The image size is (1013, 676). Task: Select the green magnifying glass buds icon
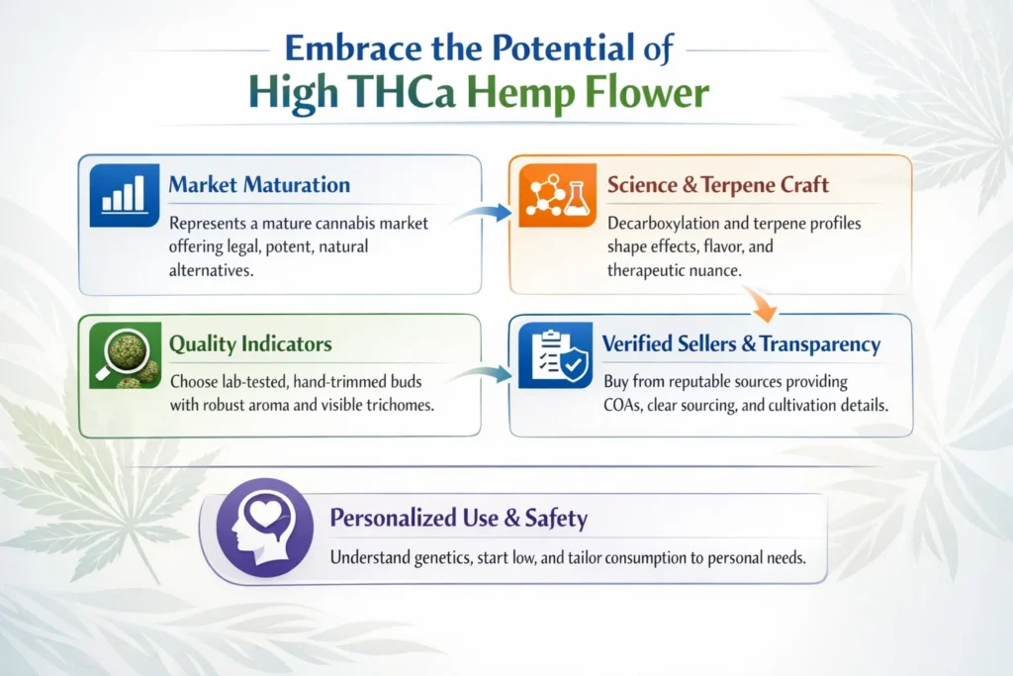(x=126, y=354)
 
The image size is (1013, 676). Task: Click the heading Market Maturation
(x=259, y=185)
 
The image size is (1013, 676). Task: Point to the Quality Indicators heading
(x=250, y=344)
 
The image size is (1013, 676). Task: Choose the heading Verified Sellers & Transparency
(x=741, y=344)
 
